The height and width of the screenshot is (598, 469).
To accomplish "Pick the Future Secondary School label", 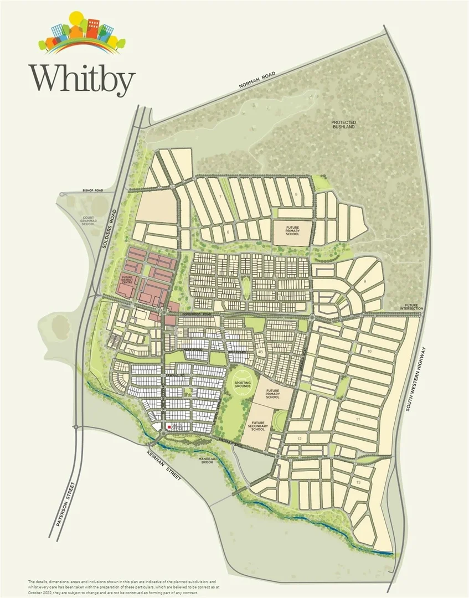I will pyautogui.click(x=258, y=424).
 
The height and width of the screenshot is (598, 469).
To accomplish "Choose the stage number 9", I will pyautogui.click(x=365, y=281).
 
